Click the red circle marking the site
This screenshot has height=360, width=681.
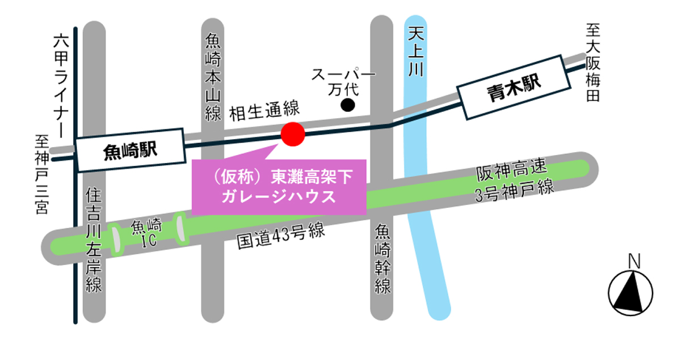[293, 134]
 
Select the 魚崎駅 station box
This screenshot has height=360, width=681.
[130, 150]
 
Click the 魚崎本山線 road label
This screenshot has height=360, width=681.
[212, 77]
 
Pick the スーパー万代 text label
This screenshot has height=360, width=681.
[344, 81]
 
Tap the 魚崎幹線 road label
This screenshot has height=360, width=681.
[382, 258]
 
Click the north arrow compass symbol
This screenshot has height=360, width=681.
[630, 293]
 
